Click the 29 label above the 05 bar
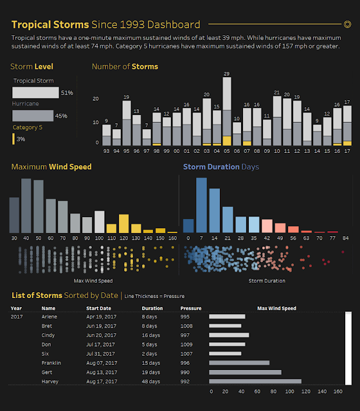[x=227, y=74]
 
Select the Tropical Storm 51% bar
[x=35, y=92]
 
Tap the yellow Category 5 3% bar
[x=14, y=139]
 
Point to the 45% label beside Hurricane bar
[x=61, y=116]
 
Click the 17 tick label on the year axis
[x=347, y=151]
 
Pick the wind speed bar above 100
[x=100, y=222]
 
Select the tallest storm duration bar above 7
[x=201, y=205]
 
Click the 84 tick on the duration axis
[x=346, y=238]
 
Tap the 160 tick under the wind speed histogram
[x=172, y=238]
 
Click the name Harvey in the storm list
[x=50, y=381]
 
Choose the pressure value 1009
[x=186, y=344]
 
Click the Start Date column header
[x=98, y=308]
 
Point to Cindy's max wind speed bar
[x=229, y=335]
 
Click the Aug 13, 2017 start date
[x=102, y=372]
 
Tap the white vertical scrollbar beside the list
[x=348, y=348]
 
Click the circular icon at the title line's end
[x=347, y=24]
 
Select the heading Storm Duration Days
[x=221, y=167]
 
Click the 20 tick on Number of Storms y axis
[x=96, y=99]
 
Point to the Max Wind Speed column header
[x=276, y=308]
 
